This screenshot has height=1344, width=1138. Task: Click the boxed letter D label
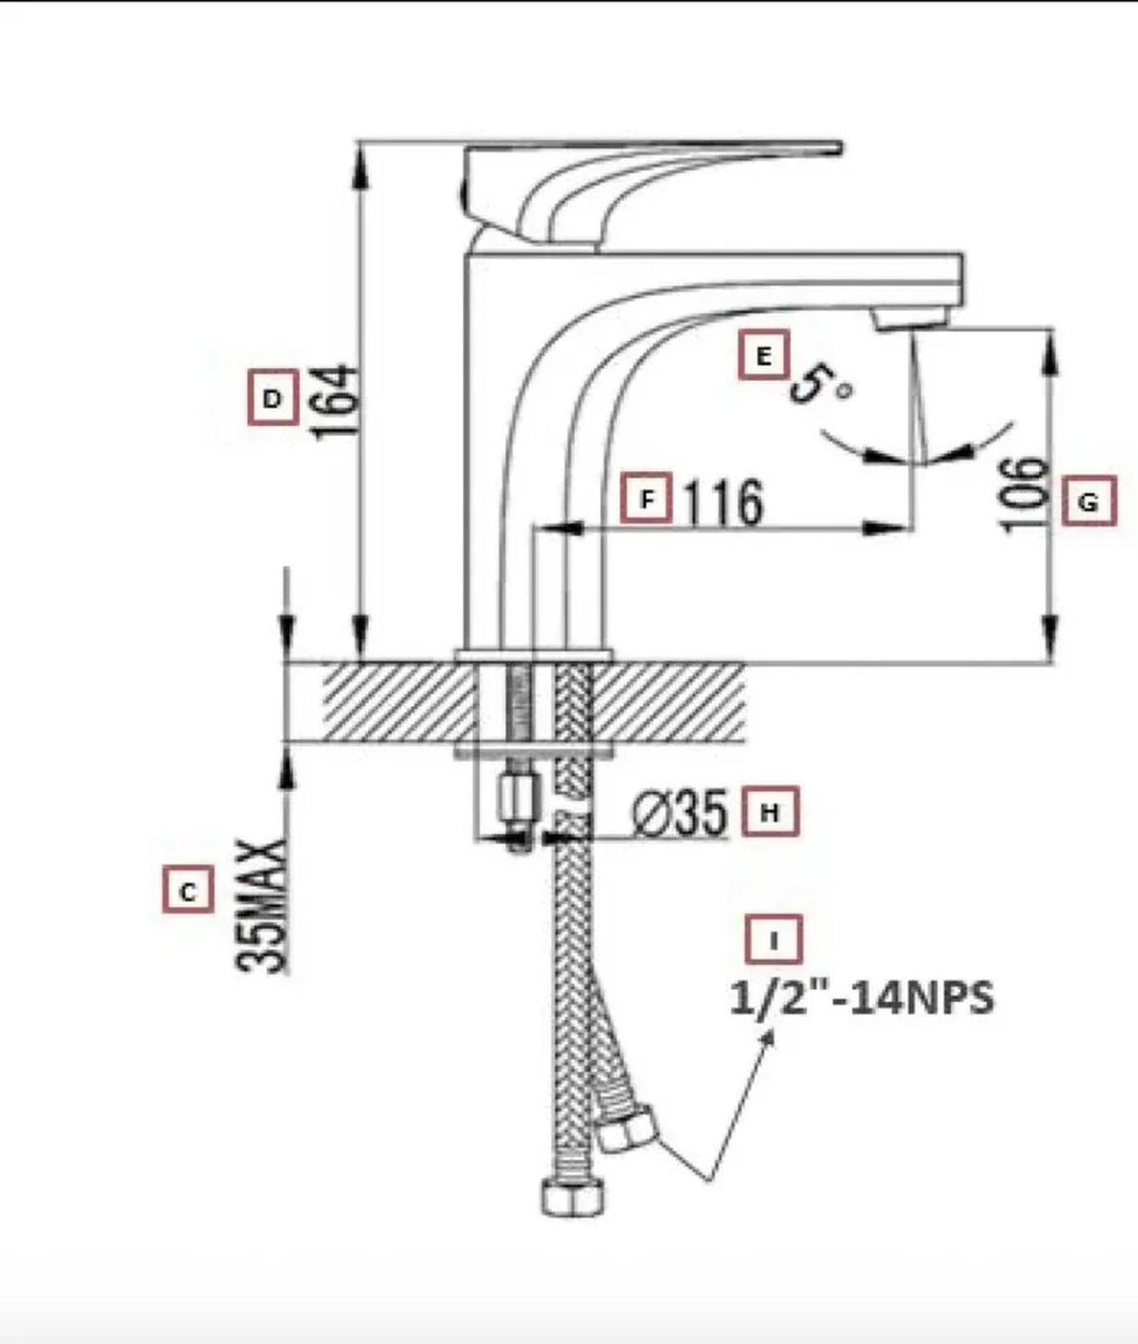272,397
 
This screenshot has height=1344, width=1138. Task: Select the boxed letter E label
763,354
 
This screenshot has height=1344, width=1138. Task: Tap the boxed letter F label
646,498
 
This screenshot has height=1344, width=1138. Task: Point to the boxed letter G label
1090,500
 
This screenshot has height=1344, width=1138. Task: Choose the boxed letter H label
770,811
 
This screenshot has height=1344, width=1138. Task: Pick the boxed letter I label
774,939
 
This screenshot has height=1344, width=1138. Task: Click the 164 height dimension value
337,403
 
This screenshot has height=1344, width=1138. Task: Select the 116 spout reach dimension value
724,502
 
